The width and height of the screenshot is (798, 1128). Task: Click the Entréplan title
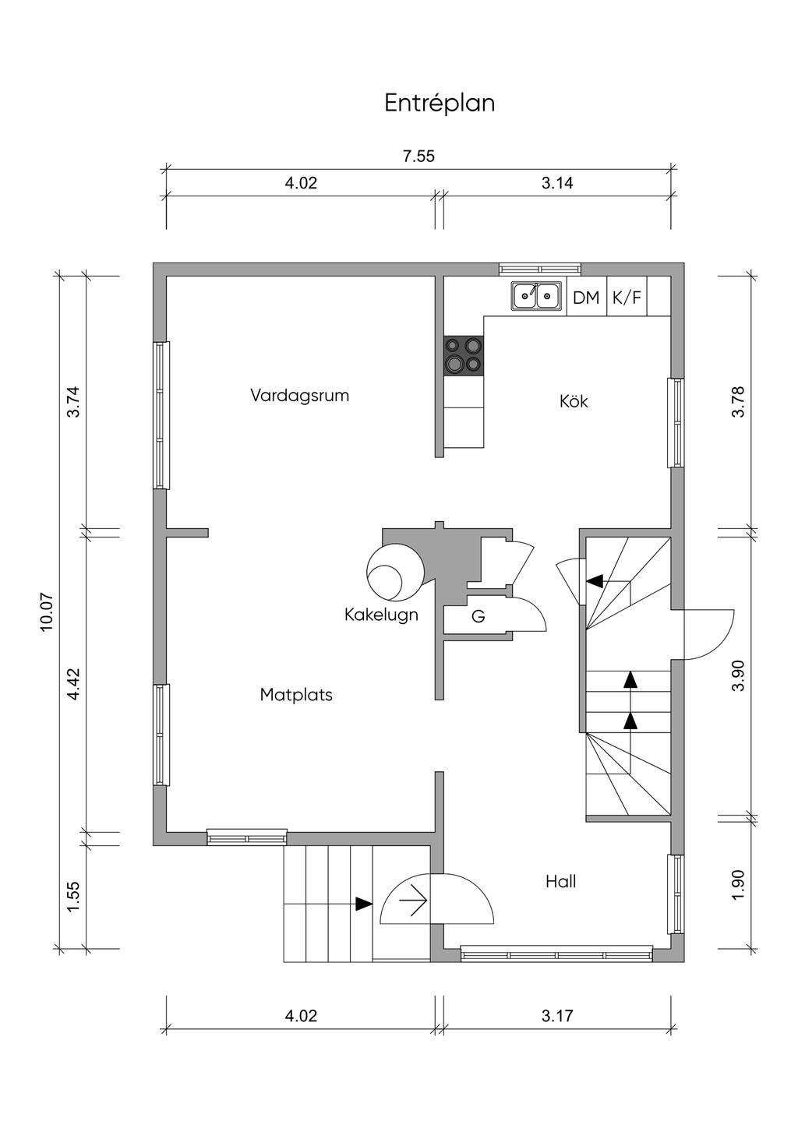440,104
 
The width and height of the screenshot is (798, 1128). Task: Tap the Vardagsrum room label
300,395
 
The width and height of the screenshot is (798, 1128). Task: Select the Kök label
574,401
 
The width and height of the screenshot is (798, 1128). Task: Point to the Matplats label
296,695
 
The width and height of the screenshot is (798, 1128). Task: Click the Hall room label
561,881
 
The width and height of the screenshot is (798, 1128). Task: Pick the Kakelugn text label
381,615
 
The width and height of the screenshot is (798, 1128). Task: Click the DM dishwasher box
586,298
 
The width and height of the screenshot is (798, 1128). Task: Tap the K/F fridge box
627,298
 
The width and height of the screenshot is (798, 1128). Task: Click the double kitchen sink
536,295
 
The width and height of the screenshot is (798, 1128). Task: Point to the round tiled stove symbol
396,574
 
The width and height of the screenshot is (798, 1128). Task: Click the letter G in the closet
478,616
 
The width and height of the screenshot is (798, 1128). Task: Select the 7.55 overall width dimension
418,156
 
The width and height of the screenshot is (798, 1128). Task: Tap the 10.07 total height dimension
46,612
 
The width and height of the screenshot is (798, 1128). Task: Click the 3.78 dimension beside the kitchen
738,401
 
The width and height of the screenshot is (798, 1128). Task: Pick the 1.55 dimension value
73,896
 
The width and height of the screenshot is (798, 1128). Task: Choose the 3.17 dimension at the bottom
557,1016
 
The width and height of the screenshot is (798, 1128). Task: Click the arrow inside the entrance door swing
413,900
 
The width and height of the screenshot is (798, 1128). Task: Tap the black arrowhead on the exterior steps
364,904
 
